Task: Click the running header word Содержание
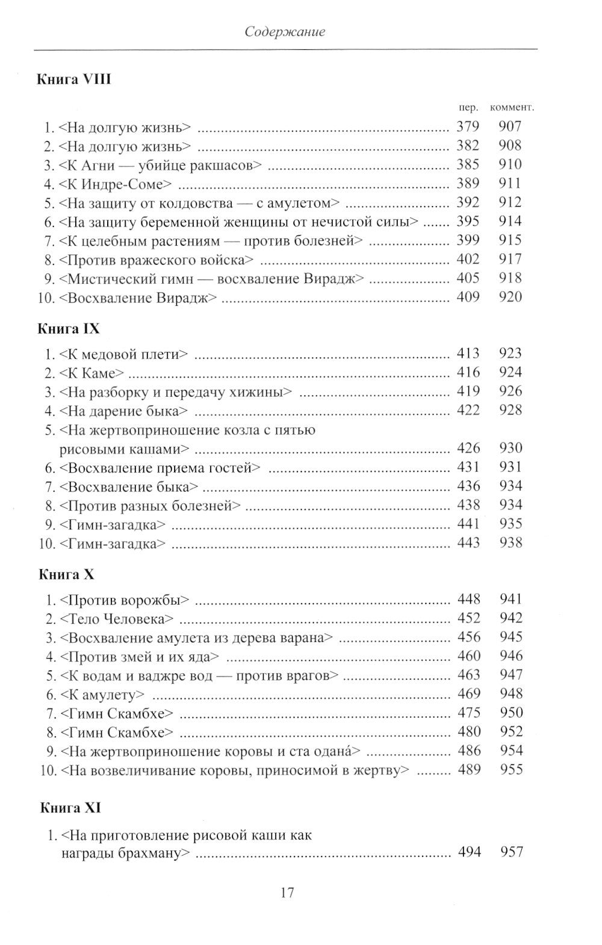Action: pyautogui.click(x=285, y=32)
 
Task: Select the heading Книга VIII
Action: pyautogui.click(x=74, y=80)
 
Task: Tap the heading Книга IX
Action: pyautogui.click(x=69, y=329)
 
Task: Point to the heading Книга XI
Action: pyautogui.click(x=70, y=808)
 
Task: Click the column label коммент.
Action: pyautogui.click(x=512, y=108)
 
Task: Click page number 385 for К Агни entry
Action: pyautogui.click(x=468, y=164)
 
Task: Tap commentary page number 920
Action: pyautogui.click(x=510, y=297)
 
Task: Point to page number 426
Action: pyautogui.click(x=468, y=448)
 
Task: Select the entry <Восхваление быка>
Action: pyautogui.click(x=129, y=486)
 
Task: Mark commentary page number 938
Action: pyautogui.click(x=510, y=543)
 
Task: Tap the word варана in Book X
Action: pyautogui.click(x=306, y=637)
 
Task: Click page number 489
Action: pyautogui.click(x=469, y=770)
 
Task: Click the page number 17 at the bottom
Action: pyautogui.click(x=287, y=892)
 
